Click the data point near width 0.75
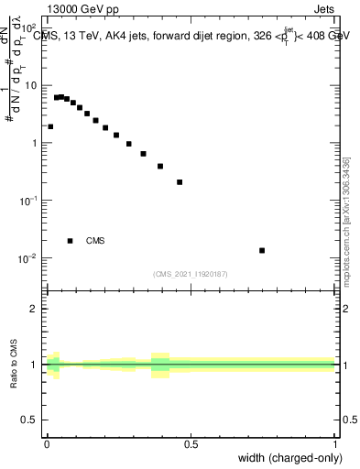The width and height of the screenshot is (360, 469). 262,250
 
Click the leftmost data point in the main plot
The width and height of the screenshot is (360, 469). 50,127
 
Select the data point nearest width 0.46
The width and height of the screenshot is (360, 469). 180,182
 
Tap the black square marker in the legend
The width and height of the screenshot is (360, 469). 70,241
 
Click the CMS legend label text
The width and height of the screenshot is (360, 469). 95,241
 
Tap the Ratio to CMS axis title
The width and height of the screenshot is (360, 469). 15,365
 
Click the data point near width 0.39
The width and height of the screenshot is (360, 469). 160,167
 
